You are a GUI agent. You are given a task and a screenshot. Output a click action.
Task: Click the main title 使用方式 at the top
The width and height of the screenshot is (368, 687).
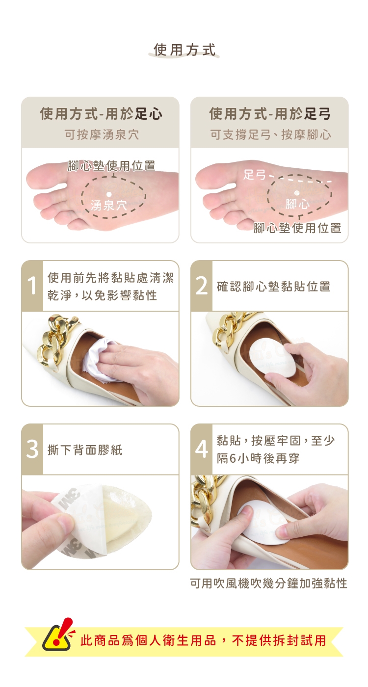click(x=184, y=50)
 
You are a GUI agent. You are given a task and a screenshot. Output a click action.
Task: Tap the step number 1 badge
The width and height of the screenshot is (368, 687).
click(x=32, y=286)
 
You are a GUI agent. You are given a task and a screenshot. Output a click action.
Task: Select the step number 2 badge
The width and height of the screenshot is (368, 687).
click(x=202, y=286)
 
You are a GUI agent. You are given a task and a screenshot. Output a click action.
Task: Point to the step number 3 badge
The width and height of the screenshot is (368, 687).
click(x=32, y=449)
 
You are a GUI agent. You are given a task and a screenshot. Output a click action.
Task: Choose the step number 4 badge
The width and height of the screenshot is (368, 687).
click(x=202, y=449)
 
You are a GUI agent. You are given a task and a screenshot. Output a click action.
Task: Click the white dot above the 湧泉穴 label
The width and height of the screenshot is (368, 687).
click(x=108, y=194)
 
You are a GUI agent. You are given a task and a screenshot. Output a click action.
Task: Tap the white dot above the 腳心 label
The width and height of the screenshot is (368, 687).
click(x=296, y=192)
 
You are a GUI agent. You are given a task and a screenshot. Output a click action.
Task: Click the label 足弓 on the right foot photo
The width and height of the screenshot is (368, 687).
click(x=254, y=175)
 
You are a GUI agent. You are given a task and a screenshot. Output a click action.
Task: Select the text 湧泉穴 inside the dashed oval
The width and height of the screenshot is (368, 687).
click(x=109, y=205)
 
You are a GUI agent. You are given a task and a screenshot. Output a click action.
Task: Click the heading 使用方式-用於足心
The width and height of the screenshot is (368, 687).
click(x=101, y=114)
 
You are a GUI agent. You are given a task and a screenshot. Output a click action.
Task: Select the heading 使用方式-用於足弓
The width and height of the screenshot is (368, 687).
click(x=270, y=114)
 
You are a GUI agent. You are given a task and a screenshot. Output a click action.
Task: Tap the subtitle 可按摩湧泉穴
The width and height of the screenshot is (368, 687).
click(x=102, y=134)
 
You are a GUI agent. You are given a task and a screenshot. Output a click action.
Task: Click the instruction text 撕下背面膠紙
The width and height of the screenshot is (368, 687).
click(x=85, y=450)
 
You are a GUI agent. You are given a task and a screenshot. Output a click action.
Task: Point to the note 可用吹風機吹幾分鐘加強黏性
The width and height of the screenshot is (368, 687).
click(x=269, y=583)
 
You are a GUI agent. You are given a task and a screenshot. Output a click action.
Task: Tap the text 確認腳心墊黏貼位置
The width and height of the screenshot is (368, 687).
click(x=274, y=287)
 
